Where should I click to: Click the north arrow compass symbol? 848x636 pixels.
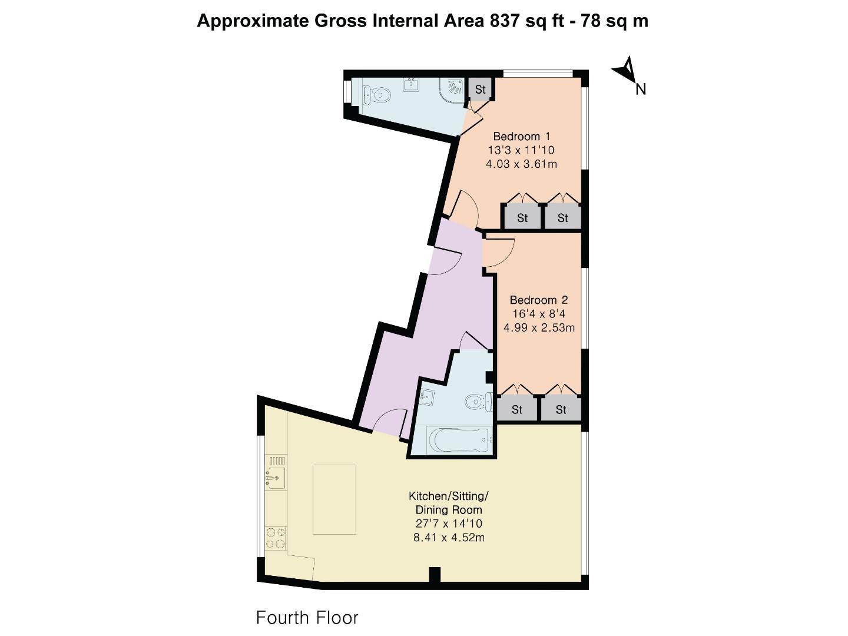click(x=625, y=71)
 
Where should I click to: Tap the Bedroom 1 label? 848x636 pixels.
click(x=521, y=136)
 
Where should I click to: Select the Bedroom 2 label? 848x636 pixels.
click(x=538, y=300)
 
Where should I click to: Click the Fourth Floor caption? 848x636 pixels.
click(x=307, y=618)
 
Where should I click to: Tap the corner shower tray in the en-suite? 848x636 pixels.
click(x=452, y=90)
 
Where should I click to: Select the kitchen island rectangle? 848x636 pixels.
click(x=334, y=499)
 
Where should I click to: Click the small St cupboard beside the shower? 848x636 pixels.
click(x=480, y=90)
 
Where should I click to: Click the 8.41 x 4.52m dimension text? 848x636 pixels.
click(x=449, y=537)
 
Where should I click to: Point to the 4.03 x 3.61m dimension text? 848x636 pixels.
click(x=521, y=164)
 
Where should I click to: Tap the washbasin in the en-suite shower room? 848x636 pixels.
click(x=411, y=84)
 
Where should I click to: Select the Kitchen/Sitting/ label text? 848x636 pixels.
click(x=449, y=496)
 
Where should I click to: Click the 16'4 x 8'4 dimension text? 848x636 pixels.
click(x=538, y=314)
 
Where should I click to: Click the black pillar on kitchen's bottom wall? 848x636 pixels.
click(x=435, y=574)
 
